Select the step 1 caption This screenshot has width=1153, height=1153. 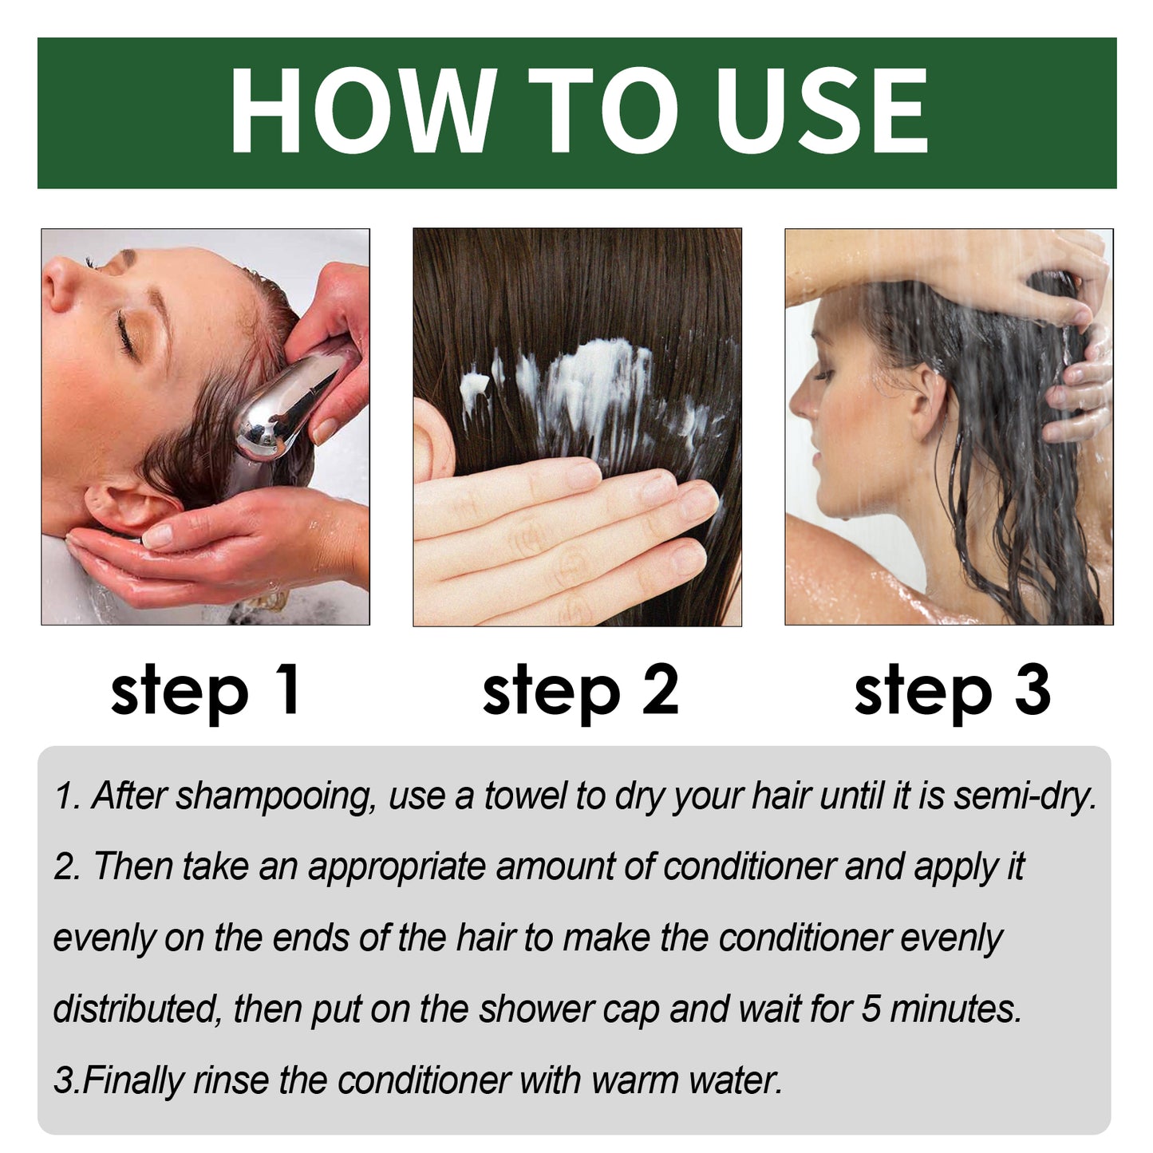pyautogui.click(x=206, y=690)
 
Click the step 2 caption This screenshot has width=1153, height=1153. pyautogui.click(x=580, y=690)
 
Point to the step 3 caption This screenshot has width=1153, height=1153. pyautogui.click(x=952, y=690)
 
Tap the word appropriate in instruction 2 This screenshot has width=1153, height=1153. pyautogui.click(x=397, y=867)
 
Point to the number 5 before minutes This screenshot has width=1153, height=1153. pyautogui.click(x=871, y=1009)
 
